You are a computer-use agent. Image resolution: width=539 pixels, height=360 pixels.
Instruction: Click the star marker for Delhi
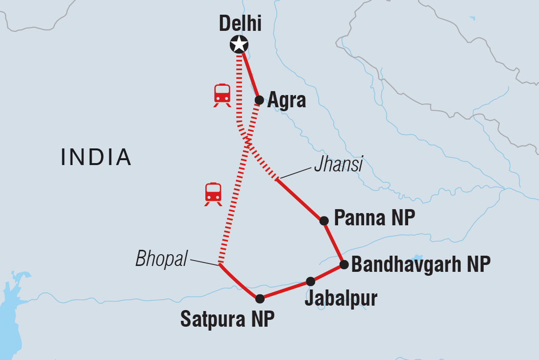tap(239, 45)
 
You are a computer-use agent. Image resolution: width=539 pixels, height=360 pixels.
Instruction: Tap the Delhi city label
tap(240, 23)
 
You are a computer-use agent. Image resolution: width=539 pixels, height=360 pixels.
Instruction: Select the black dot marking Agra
tap(259, 100)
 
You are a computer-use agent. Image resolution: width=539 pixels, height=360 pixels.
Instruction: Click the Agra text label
tap(287, 100)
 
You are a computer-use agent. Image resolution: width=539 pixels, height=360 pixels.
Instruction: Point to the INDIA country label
tap(96, 157)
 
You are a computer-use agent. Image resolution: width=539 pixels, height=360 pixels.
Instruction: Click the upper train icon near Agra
tap(222, 95)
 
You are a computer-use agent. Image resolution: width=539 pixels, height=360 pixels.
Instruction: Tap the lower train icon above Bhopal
tap(213, 193)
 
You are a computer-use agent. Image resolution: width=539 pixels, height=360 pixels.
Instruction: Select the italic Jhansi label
tap(338, 165)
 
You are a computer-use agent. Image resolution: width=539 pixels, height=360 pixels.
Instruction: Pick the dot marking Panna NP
tap(324, 220)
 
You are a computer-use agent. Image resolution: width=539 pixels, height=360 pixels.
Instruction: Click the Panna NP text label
tap(374, 218)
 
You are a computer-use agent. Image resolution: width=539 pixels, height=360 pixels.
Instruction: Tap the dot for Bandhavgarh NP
tap(344, 264)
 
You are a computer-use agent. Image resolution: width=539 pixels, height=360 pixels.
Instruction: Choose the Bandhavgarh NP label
tap(421, 264)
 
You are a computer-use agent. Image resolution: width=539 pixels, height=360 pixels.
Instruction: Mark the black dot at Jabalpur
tap(311, 281)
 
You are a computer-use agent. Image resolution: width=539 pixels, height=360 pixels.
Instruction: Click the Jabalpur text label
tap(341, 298)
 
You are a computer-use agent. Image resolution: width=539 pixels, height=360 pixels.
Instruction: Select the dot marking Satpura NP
tap(260, 298)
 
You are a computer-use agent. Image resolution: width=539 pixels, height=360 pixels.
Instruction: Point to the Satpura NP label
tap(227, 319)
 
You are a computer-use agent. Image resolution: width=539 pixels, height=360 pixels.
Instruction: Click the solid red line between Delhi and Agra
tap(250, 73)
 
